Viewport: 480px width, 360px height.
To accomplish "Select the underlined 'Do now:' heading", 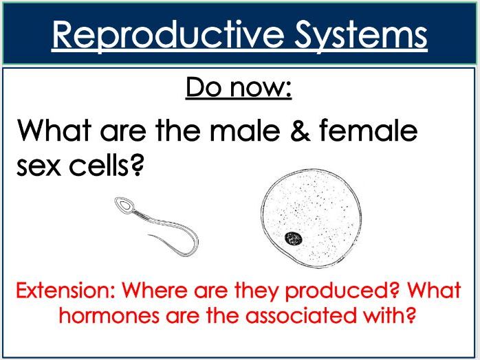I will pyautogui.click(x=239, y=89).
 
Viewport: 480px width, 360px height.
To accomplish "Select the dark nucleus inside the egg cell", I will pyautogui.click(x=294, y=238).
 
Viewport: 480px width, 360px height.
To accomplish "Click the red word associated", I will pyautogui.click(x=297, y=318).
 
